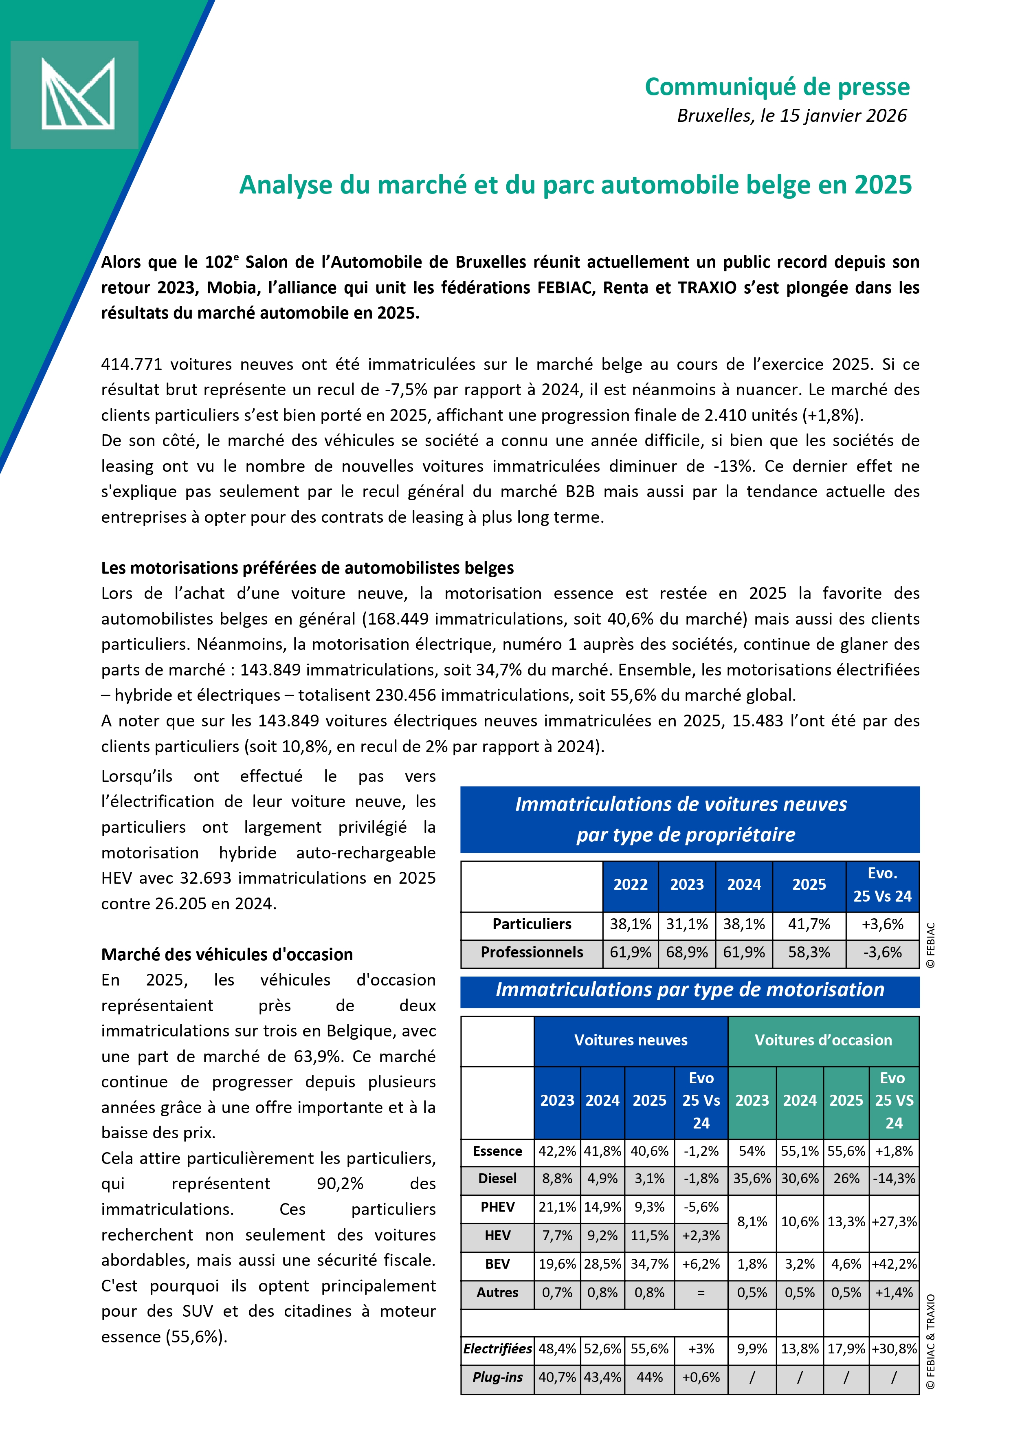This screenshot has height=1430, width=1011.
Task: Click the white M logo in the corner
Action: [77, 94]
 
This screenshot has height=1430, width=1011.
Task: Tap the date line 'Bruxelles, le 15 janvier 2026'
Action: [791, 116]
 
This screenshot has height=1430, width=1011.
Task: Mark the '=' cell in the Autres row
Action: [701, 1293]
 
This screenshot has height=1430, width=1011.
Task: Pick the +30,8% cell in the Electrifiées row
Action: [894, 1349]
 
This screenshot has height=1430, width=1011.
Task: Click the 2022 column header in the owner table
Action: [630, 884]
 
